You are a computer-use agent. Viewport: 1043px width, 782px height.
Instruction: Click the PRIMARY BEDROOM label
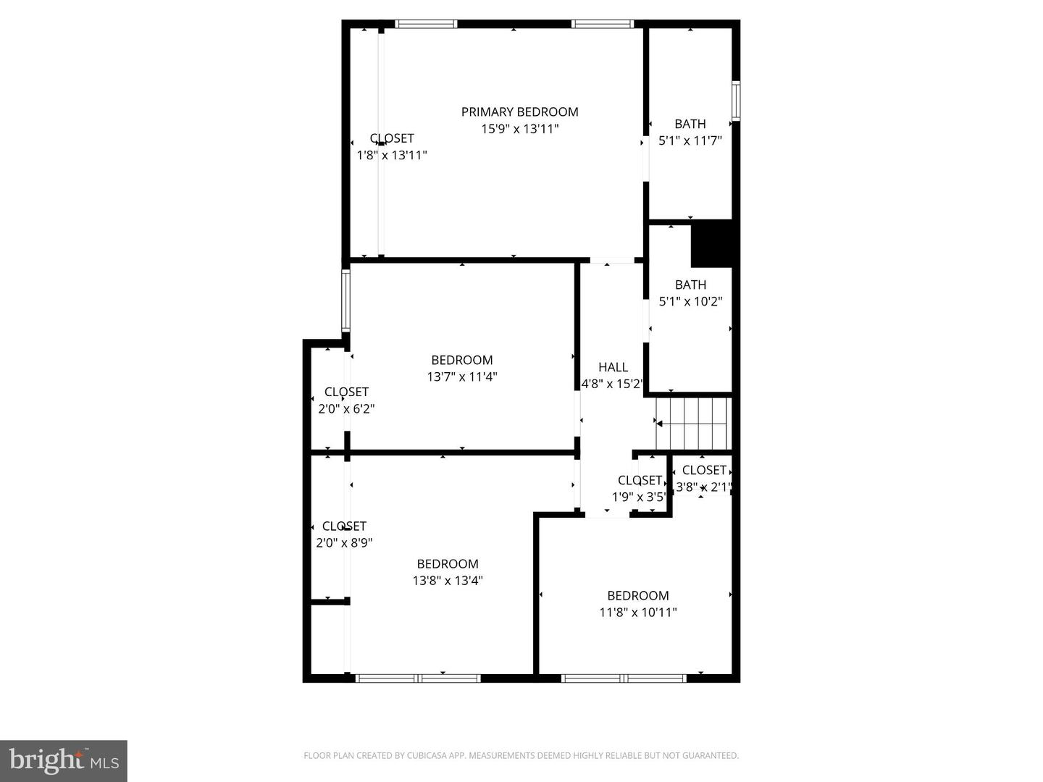(x=519, y=112)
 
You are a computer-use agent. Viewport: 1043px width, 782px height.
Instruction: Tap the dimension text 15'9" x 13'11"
(x=519, y=129)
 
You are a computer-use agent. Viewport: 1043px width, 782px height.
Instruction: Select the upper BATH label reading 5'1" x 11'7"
(x=690, y=124)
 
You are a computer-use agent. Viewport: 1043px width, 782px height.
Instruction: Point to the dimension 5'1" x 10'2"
(x=690, y=301)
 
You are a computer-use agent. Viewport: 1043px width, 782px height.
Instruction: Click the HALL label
(x=613, y=367)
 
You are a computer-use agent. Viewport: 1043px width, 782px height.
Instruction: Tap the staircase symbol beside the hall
(x=692, y=423)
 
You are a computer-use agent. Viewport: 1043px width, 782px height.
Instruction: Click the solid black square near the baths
(x=713, y=243)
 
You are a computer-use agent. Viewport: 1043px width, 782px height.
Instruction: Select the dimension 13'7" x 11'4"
(x=462, y=377)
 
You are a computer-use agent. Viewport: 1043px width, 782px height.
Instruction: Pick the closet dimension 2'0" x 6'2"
(x=346, y=408)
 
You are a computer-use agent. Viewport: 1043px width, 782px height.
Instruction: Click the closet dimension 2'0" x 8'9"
(x=344, y=542)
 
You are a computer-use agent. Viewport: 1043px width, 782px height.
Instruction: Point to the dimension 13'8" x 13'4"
(x=448, y=580)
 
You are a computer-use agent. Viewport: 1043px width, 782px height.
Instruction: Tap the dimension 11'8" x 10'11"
(x=637, y=612)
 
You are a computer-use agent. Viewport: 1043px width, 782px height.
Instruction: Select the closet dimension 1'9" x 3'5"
(x=639, y=497)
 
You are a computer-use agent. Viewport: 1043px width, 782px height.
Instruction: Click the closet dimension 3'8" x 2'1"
(x=703, y=487)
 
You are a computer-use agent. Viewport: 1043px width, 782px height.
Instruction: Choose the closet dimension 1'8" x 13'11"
(x=392, y=155)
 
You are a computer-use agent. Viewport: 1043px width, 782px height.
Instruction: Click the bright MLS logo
(x=64, y=760)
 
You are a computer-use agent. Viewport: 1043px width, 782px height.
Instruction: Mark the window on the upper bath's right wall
(x=736, y=100)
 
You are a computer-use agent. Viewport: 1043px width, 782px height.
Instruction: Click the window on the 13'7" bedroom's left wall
(x=346, y=300)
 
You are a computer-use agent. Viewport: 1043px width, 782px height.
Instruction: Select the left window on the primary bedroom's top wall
(x=426, y=24)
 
